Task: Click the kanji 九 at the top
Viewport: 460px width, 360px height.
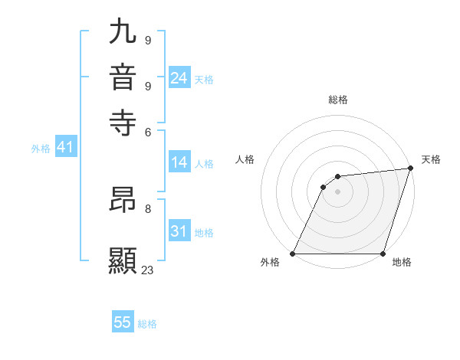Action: (123, 32)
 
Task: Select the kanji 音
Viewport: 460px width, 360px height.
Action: (123, 77)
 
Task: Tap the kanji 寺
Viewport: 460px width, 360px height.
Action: (123, 121)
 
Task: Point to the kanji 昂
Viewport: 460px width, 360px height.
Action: (123, 201)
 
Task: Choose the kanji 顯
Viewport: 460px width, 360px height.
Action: (123, 260)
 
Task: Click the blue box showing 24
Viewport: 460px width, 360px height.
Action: (179, 78)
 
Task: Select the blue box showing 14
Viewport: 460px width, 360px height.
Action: (179, 162)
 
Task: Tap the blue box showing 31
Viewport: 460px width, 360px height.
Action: (179, 231)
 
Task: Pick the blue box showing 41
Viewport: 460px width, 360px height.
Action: (65, 148)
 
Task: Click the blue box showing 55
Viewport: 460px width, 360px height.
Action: (123, 322)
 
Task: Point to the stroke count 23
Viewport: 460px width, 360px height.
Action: (148, 270)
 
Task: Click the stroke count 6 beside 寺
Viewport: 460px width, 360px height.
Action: (147, 131)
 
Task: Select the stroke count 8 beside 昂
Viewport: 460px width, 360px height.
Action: (147, 208)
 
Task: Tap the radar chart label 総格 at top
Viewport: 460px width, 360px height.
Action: (338, 100)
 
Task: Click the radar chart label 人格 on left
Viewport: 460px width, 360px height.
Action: (245, 159)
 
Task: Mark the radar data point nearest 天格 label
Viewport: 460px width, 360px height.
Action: (411, 169)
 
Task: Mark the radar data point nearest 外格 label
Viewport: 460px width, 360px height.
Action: (293, 254)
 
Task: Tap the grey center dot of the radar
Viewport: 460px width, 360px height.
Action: (337, 192)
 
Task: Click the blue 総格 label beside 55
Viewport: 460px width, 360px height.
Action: (147, 324)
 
